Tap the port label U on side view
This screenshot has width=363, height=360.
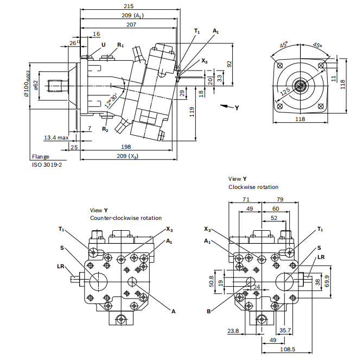pos(103,45)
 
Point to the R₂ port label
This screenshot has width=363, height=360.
pos(105,129)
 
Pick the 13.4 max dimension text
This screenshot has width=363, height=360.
pos(56,138)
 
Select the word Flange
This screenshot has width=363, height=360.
pos(40,157)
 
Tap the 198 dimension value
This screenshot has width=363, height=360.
pos(126,147)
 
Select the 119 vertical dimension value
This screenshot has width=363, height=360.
pos(192,111)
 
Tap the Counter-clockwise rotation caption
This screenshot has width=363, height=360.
pos(126,218)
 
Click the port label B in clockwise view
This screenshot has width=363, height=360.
pos(208,311)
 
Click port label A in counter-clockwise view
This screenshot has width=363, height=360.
pos(174,311)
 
